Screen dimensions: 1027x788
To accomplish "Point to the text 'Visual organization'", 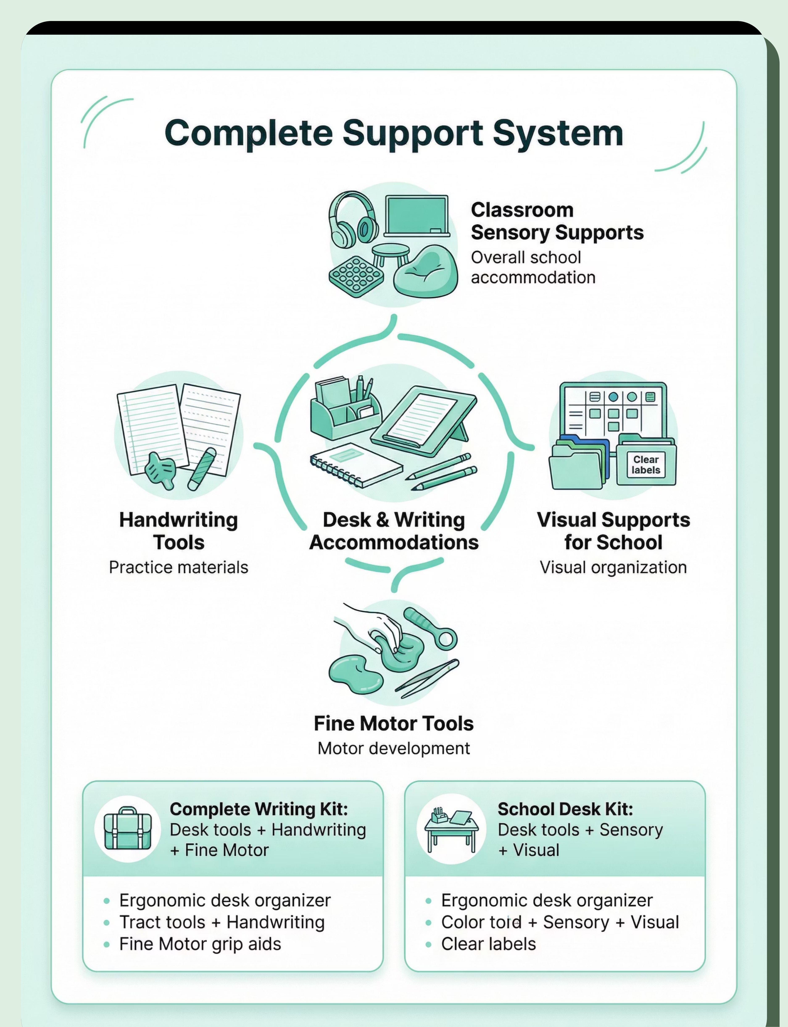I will (613, 567).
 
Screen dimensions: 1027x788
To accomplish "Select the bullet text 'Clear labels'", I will (488, 944).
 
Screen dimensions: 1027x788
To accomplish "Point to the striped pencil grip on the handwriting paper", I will (202, 469).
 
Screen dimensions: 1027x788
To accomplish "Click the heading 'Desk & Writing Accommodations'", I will (394, 531).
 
